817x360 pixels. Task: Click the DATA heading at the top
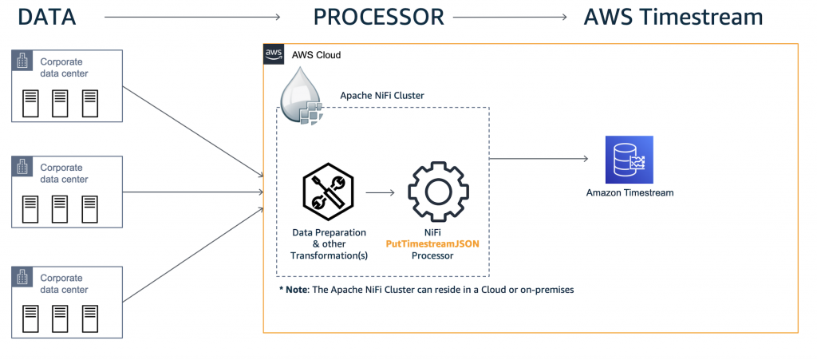coord(45,17)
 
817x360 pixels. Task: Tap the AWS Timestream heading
coord(673,17)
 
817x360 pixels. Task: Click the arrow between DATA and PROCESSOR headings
coord(192,17)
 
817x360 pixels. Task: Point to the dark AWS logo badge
coord(274,54)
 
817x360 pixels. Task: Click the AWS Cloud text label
coord(318,55)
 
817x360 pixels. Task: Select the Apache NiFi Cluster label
coord(382,95)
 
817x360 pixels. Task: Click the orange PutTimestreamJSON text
coord(437,244)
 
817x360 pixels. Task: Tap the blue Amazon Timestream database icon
coord(629,160)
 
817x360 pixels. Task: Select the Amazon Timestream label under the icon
coord(630,192)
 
